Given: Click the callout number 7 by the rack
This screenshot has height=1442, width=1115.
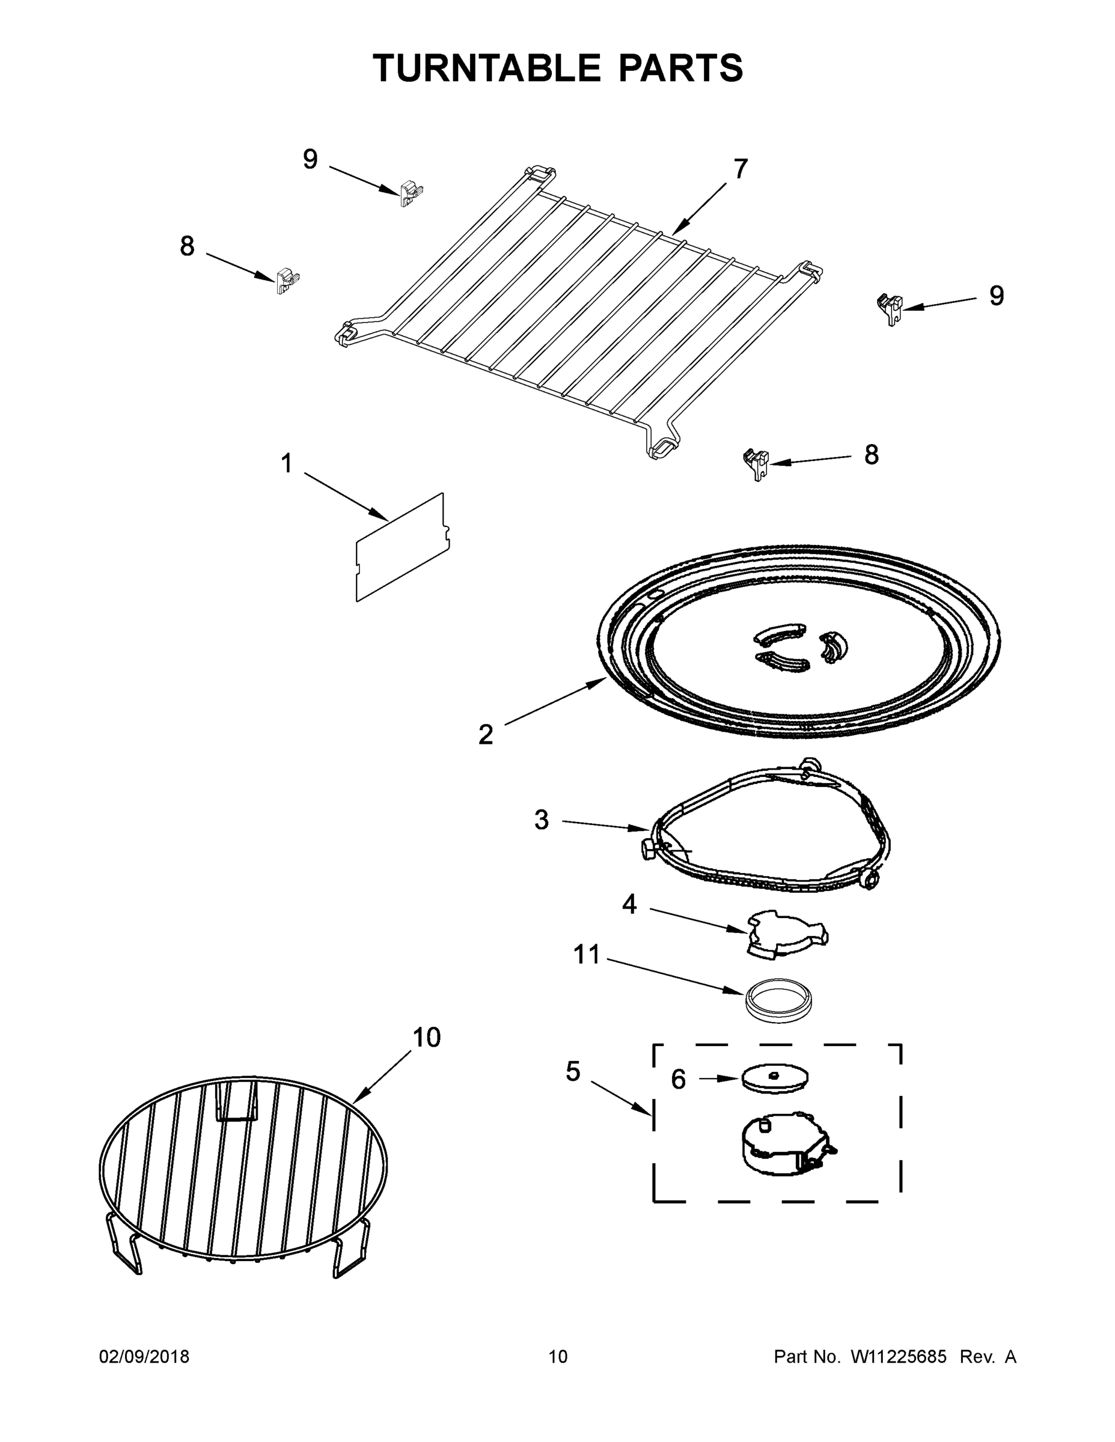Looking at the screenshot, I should tap(741, 169).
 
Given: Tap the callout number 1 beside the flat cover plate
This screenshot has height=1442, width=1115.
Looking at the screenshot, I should tap(286, 463).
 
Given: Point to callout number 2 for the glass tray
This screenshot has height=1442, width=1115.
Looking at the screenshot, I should tap(486, 734).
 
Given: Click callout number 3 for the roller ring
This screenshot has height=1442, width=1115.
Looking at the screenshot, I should tap(541, 820).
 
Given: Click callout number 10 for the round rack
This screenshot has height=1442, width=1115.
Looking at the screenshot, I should tap(427, 1037).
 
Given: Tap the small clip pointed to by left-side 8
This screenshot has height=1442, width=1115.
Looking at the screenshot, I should tap(287, 281).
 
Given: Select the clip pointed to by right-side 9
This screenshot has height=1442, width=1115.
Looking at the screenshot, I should tap(890, 308).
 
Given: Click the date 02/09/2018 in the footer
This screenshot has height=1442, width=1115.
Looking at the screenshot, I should tap(144, 1356).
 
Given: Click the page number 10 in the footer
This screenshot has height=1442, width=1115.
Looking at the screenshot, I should tap(558, 1356).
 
